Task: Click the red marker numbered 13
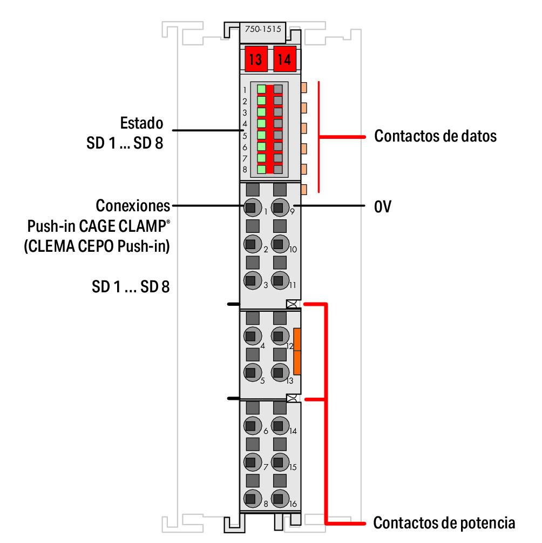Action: point(255,59)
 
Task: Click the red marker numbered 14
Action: point(284,59)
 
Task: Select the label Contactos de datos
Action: point(435,136)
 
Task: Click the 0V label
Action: point(382,206)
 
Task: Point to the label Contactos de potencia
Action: point(444,522)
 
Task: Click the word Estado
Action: point(141,123)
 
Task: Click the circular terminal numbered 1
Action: point(250,206)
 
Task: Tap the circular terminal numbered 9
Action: point(279,206)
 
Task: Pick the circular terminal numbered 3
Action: point(250,280)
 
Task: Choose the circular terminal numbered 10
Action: point(279,243)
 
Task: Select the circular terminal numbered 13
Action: point(279,372)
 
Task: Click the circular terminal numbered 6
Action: point(250,425)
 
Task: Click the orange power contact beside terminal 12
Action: point(297,351)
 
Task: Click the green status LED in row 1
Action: point(261,89)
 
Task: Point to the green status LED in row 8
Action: point(261,169)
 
